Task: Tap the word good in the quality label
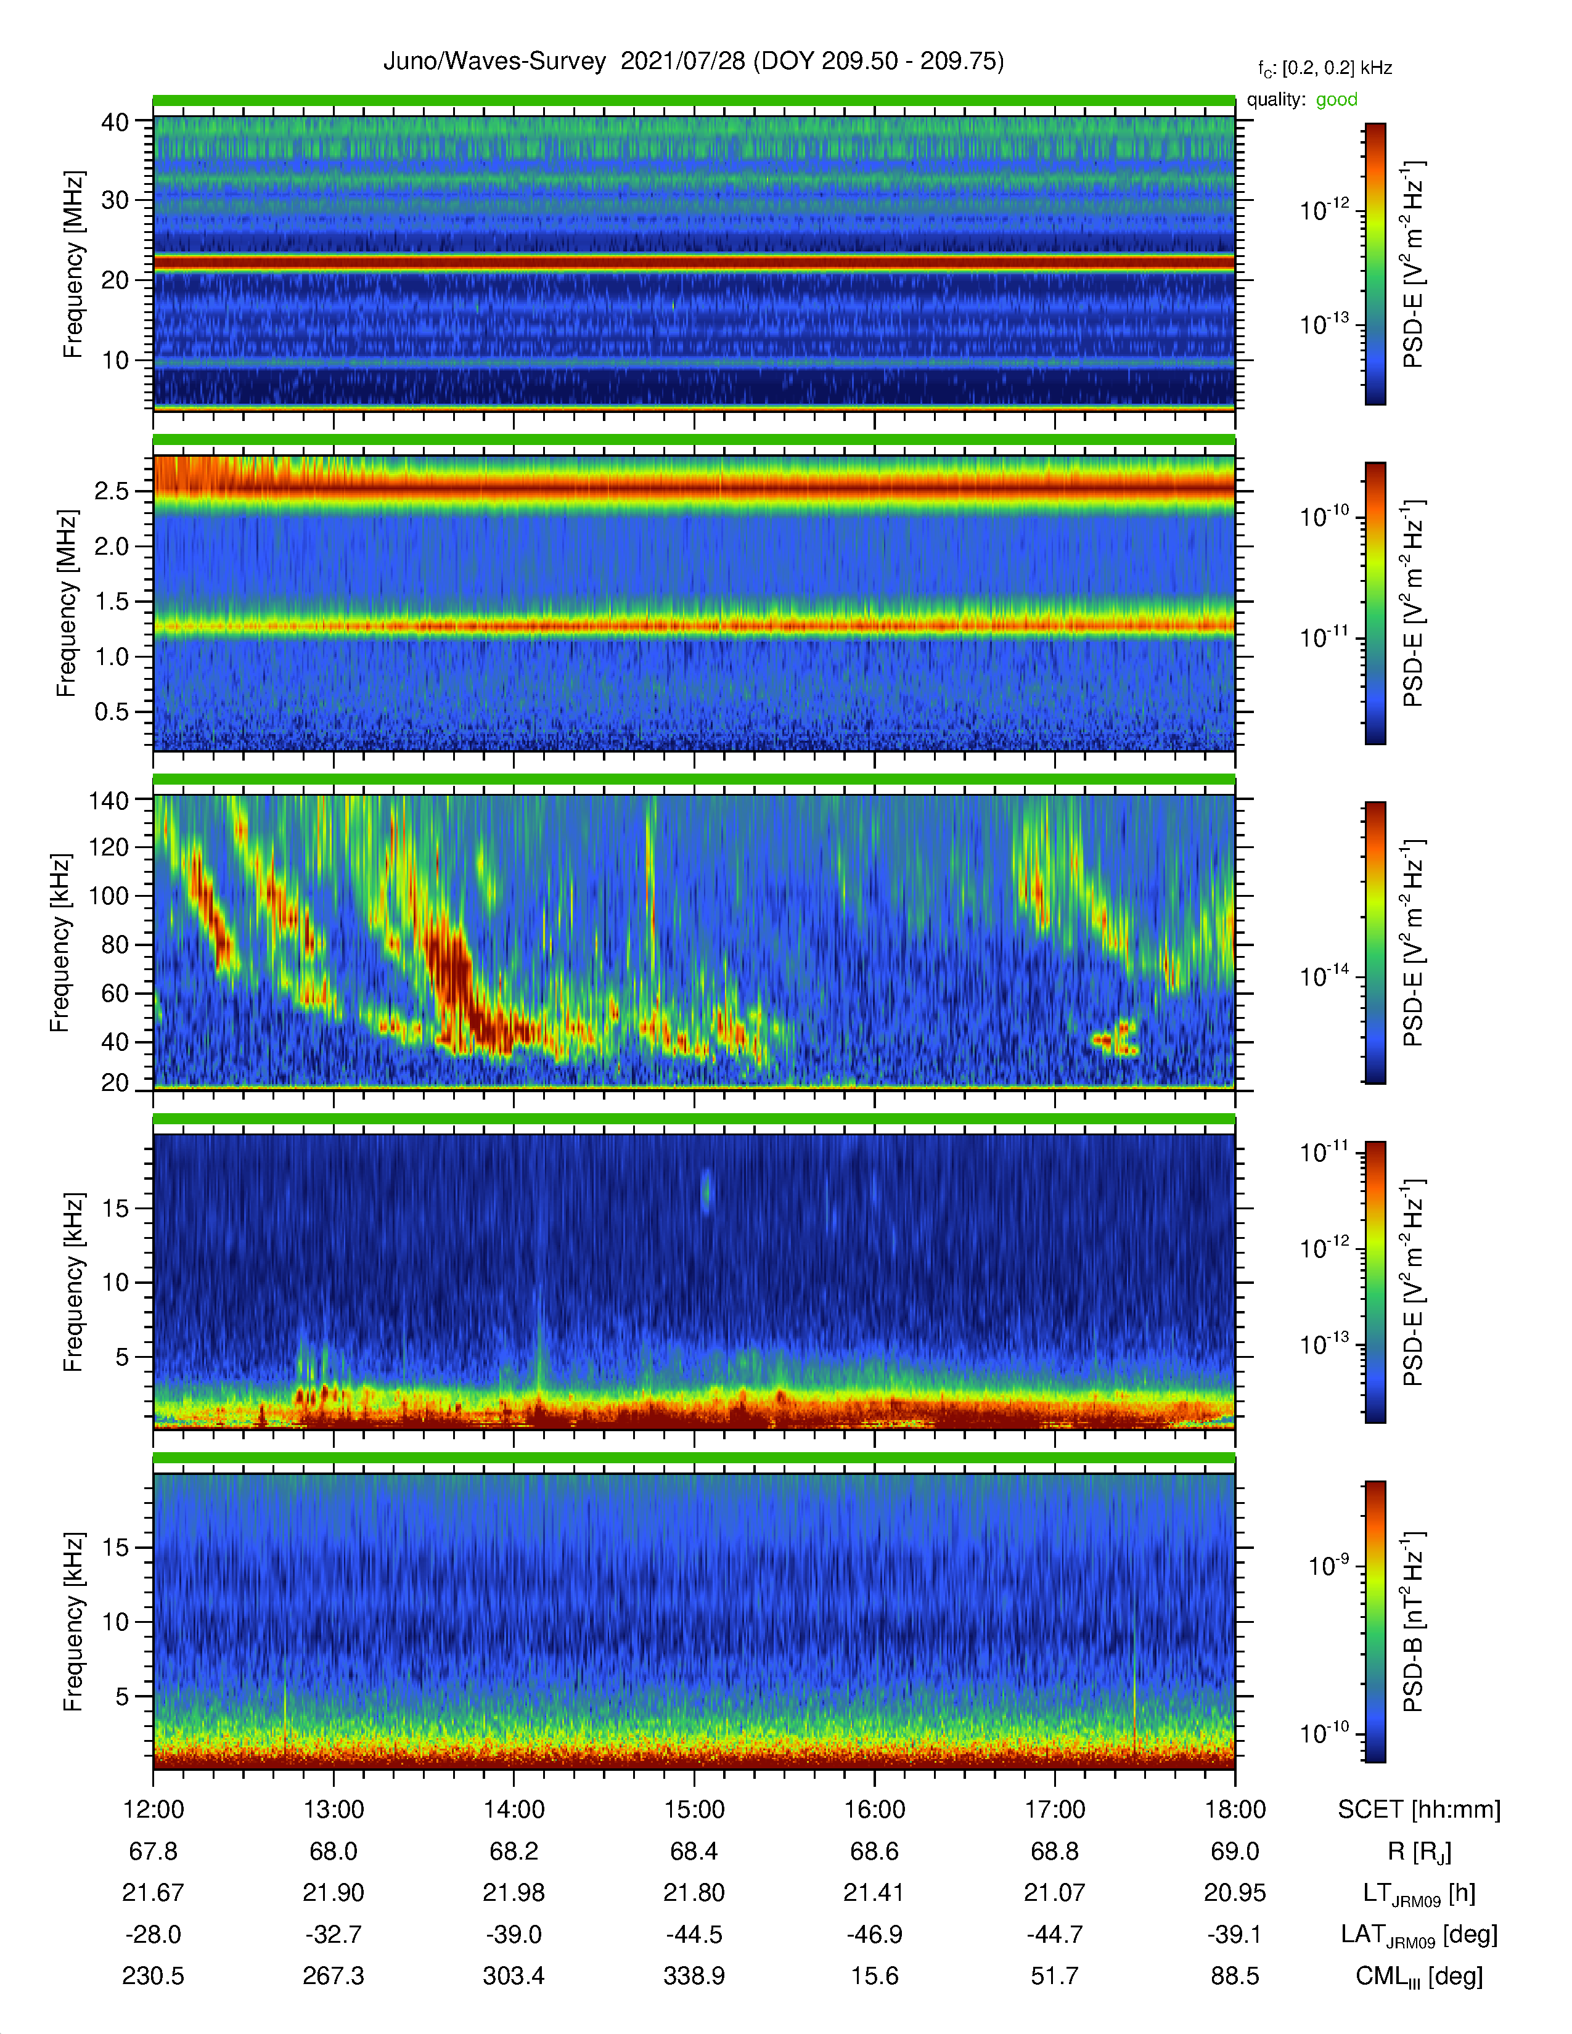click(1337, 100)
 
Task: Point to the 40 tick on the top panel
click(115, 122)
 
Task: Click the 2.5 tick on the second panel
click(112, 491)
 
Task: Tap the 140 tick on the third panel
click(108, 800)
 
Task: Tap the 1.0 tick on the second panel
click(112, 656)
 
